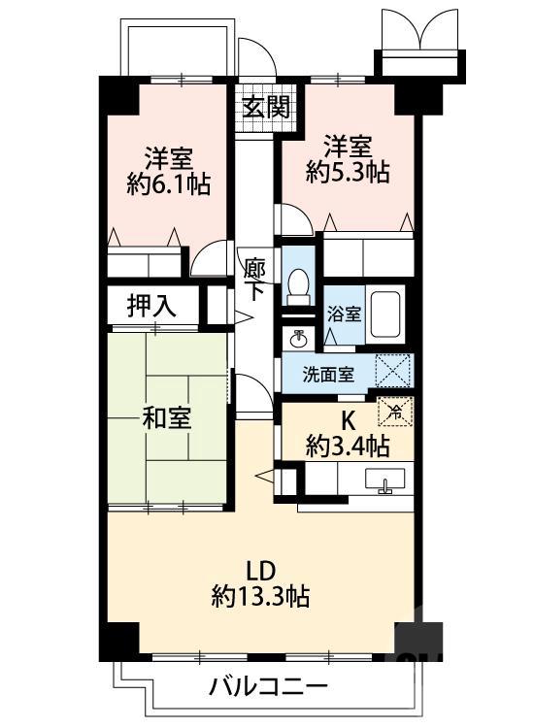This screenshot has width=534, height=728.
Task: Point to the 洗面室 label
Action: click(328, 375)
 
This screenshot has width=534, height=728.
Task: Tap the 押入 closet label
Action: click(151, 306)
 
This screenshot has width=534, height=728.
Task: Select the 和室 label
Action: click(166, 419)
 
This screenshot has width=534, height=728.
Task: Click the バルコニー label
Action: click(266, 687)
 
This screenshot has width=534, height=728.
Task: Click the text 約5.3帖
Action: click(348, 173)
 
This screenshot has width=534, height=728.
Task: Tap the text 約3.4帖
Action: click(348, 447)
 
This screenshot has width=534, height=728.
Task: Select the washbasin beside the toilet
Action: click(297, 338)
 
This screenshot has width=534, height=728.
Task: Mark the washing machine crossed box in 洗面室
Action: click(396, 371)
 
